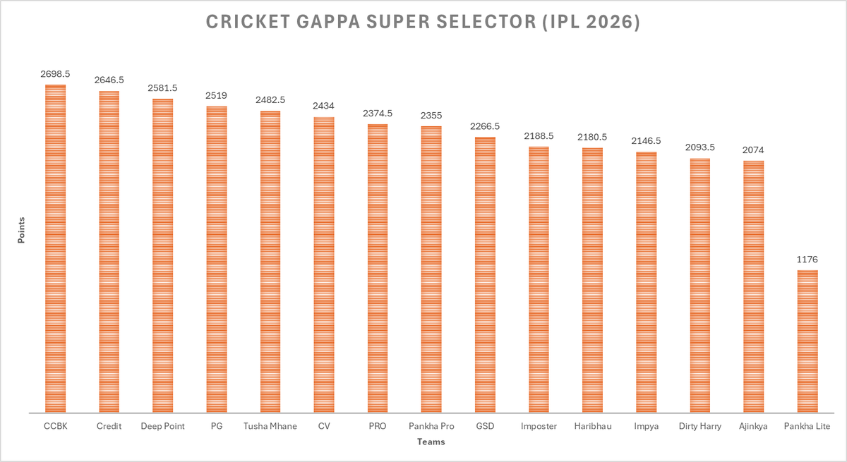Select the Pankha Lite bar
[807, 341]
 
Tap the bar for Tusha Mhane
[270, 262]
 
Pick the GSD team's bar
[485, 274]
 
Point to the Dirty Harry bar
[699, 285]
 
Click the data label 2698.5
[55, 73]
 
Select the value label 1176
[807, 259]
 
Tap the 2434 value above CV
[324, 106]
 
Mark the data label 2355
[431, 115]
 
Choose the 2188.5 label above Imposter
[539, 135]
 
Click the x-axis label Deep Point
[162, 426]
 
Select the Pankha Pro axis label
[431, 426]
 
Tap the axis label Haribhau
[592, 426]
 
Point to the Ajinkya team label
[753, 426]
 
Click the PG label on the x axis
[217, 426]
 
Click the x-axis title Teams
[431, 442]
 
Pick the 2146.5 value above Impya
[646, 141]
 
